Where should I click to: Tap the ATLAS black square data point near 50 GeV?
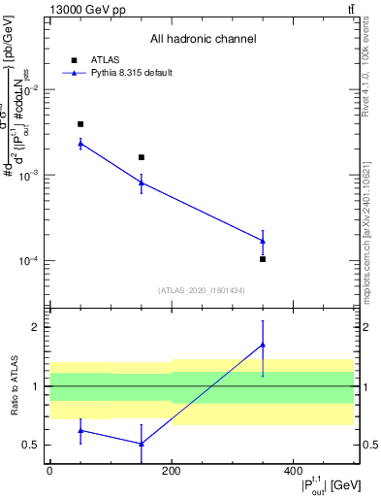[80, 124]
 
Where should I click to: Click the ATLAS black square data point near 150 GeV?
[142, 157]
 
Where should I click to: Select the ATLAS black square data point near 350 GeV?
[263, 259]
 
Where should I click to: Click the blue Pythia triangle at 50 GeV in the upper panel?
[80, 144]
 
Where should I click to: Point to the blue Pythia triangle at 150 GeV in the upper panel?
[142, 182]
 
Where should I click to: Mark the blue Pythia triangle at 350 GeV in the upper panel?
[263, 241]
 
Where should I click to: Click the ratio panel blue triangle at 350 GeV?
[263, 345]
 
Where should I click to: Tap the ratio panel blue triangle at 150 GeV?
[142, 444]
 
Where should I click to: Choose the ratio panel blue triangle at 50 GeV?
[80, 430]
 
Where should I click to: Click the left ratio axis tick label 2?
[36, 327]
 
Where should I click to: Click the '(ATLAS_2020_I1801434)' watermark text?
[201, 290]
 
